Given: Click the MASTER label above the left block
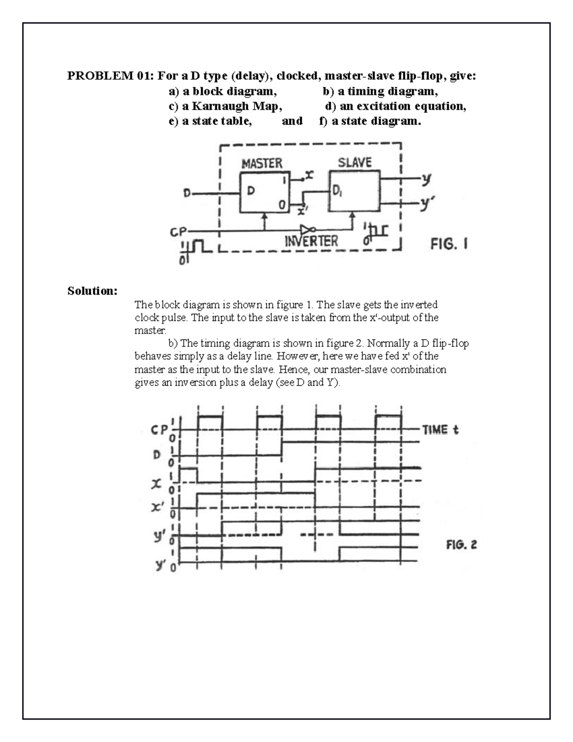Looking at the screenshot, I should [262, 164].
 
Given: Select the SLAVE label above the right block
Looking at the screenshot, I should [354, 163].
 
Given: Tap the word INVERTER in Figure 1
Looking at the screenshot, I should [311, 241].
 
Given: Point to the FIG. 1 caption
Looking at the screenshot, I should [449, 245].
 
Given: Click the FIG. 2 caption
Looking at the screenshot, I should [461, 545].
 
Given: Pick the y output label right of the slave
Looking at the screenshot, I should [426, 179].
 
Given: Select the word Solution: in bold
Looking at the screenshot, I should [92, 291].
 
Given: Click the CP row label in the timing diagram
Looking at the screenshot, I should [159, 430].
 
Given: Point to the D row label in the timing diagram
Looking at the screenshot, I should [157, 454].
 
